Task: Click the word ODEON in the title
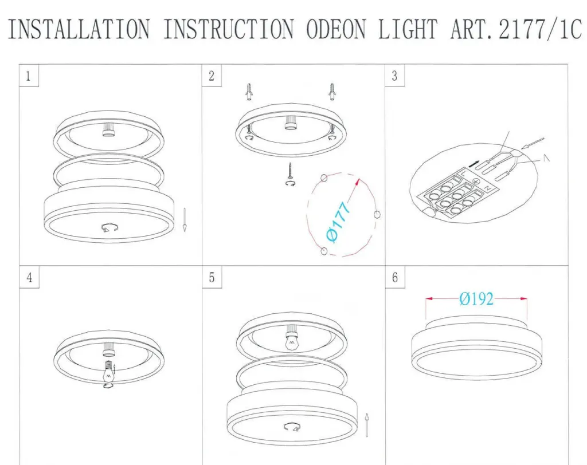tap(336, 29)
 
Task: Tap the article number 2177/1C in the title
tap(540, 29)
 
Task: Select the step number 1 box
tap(29, 76)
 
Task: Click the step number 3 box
tap(394, 76)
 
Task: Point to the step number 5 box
tap(212, 277)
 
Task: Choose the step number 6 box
tap(395, 277)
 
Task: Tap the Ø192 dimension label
tap(476, 299)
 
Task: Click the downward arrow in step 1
tap(184, 220)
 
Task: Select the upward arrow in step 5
tap(367, 424)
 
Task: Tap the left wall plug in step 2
tap(249, 92)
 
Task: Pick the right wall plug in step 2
tap(332, 92)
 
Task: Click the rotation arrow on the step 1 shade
tap(110, 227)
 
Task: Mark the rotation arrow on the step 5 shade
tap(292, 427)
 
